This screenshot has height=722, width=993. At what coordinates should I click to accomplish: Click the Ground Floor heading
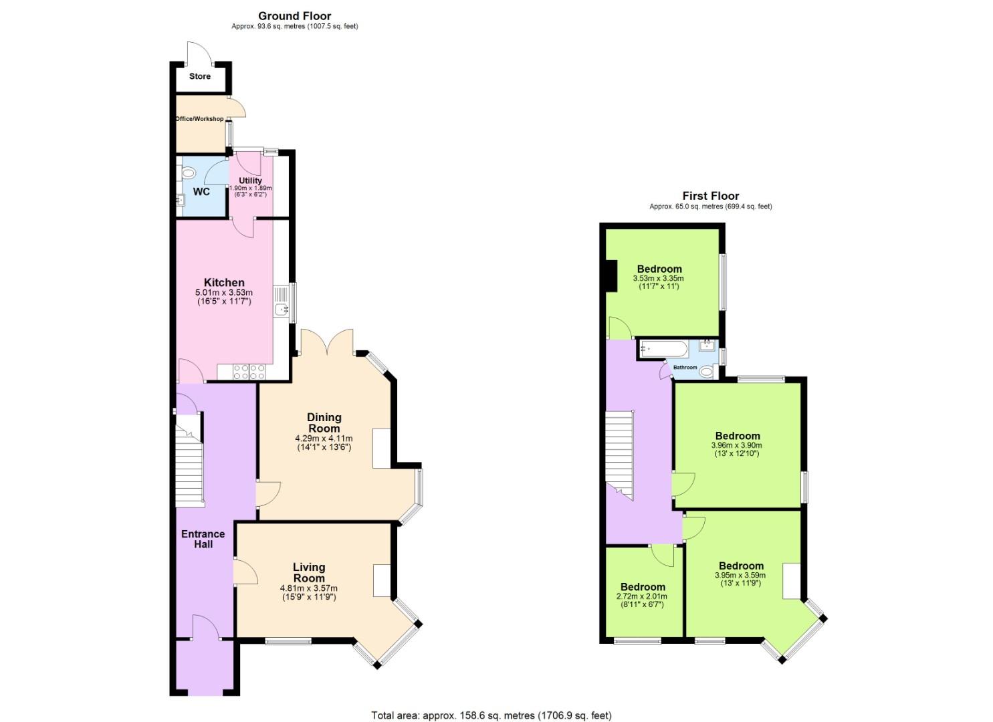point(294,16)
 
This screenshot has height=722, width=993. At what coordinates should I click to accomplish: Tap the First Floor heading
point(710,196)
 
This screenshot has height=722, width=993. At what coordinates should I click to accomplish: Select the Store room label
point(199,76)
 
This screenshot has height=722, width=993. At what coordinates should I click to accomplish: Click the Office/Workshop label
point(199,119)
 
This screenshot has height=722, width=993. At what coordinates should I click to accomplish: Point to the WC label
point(201,192)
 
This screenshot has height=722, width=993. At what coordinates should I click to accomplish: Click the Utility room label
point(251,180)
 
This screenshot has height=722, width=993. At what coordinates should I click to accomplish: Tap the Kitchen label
point(224,283)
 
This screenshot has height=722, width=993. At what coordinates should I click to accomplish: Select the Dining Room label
point(324,423)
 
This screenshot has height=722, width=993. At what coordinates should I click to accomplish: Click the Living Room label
point(308,573)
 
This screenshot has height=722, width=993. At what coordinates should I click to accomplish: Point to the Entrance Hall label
point(203,539)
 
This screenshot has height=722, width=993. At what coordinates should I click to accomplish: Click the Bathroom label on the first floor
point(685,368)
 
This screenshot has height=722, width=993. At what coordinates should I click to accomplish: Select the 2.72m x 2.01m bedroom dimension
point(641,596)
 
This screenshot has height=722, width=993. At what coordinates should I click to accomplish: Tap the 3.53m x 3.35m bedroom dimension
point(659,278)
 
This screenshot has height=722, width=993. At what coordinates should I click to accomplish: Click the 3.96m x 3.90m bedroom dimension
point(737,445)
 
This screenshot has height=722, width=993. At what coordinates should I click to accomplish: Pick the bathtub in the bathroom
point(662,348)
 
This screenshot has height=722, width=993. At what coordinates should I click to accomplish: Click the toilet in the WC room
point(188,174)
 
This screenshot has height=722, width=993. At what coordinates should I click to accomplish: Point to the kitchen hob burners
point(249,371)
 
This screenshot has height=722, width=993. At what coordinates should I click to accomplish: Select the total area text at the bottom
point(491,715)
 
